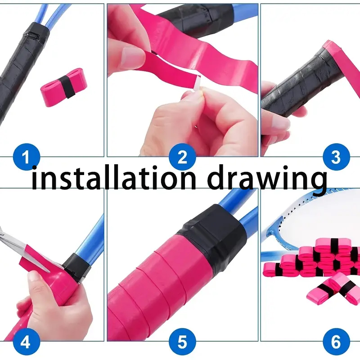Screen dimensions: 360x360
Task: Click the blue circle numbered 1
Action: click(26, 157)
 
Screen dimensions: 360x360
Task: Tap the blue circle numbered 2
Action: click(182, 157)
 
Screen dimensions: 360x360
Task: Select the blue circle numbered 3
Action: click(336, 157)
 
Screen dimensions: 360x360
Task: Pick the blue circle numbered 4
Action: click(26, 343)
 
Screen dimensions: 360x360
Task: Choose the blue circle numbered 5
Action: click(182, 343)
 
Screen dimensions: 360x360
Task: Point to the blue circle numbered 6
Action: click(336, 343)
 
